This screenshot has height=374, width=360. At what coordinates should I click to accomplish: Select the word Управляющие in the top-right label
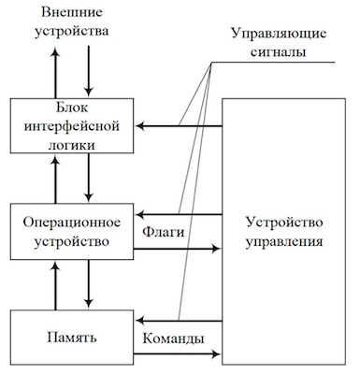[x=278, y=34]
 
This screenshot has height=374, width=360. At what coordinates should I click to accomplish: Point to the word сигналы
[x=278, y=52]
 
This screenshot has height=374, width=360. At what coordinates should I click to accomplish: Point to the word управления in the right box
[x=285, y=242]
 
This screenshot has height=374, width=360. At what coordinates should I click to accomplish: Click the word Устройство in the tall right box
[x=285, y=223]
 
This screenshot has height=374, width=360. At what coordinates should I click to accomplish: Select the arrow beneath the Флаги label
[x=179, y=250]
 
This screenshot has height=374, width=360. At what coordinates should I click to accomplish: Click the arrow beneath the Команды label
[x=179, y=355]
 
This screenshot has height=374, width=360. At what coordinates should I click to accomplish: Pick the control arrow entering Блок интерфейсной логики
[x=179, y=124]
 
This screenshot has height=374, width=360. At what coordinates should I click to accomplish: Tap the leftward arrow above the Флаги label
[x=179, y=214]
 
